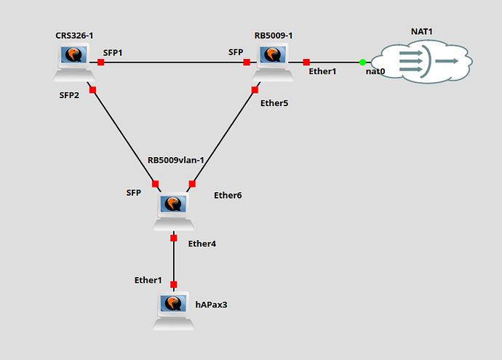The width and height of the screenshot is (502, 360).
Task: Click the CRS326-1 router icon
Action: click(x=73, y=61)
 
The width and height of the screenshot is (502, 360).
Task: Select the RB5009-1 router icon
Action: click(x=271, y=61)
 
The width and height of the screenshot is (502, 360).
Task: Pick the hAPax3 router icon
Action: click(x=175, y=309)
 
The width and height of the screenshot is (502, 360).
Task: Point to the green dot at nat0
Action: click(x=362, y=62)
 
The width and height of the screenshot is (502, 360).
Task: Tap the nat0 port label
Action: click(x=375, y=71)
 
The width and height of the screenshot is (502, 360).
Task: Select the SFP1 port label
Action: click(x=113, y=52)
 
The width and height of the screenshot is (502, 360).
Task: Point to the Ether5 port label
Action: click(x=274, y=103)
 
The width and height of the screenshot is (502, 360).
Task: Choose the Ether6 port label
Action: click(x=228, y=195)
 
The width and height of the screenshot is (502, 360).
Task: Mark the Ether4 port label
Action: click(x=202, y=243)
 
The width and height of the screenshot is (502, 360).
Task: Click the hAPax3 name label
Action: click(x=211, y=304)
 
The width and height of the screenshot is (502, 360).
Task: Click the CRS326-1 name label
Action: click(x=72, y=35)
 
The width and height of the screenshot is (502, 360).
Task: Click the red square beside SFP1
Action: click(x=101, y=62)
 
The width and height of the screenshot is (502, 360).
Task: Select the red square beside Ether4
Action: click(x=174, y=238)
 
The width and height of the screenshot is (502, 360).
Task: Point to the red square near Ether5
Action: click(x=255, y=89)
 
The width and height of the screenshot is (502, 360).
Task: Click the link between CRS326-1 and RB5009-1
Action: click(x=175, y=62)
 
